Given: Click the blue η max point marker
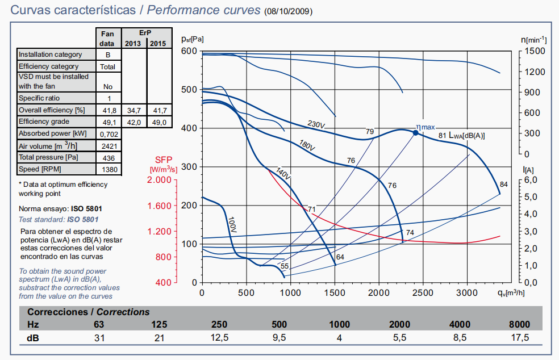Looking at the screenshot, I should pyautogui.click(x=415, y=132).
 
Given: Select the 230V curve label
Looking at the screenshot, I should pyautogui.click(x=316, y=125).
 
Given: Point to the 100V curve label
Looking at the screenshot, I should pyautogui.click(x=232, y=224).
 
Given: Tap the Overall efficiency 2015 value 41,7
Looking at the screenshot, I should pyautogui.click(x=159, y=110).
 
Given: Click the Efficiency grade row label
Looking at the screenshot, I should pyautogui.click(x=44, y=122).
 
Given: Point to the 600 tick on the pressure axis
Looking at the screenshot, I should pyautogui.click(x=189, y=51).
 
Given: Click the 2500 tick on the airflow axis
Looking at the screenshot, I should pyautogui.click(x=423, y=292).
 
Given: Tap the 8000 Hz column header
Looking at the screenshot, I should pyautogui.click(x=519, y=325).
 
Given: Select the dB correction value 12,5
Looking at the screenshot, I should pyautogui.click(x=219, y=338).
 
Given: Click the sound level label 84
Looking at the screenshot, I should pyautogui.click(x=503, y=184).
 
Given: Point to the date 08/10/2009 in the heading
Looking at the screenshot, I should pyautogui.click(x=288, y=11).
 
